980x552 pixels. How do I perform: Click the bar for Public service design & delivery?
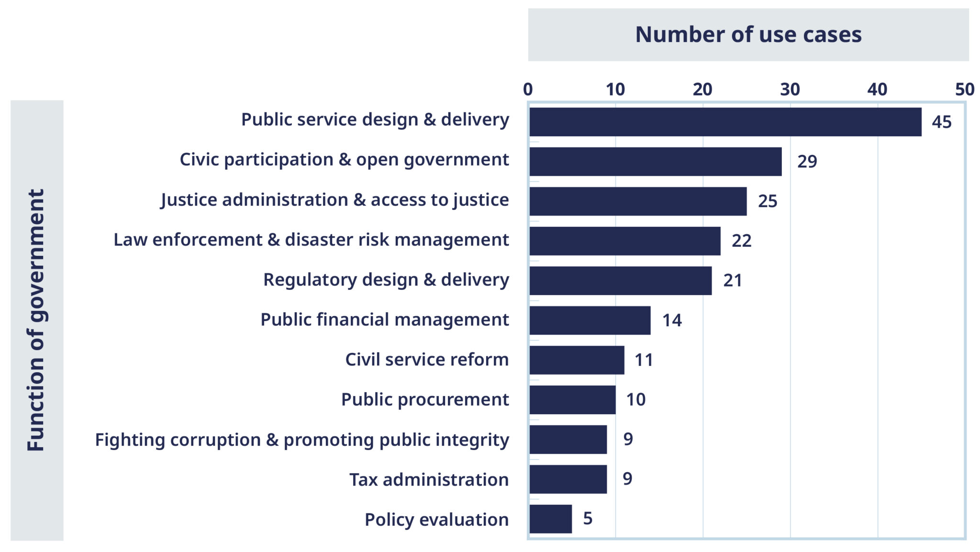(725, 122)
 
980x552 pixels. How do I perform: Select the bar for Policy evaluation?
(550, 519)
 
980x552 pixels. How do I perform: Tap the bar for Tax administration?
(568, 479)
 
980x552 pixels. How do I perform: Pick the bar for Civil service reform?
(577, 360)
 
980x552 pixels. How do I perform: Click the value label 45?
(941, 122)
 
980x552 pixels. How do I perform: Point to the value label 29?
(807, 162)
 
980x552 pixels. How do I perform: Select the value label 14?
(672, 320)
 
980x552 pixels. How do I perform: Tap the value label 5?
(588, 519)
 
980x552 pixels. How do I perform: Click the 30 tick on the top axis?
(790, 89)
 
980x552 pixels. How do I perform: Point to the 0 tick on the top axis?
(528, 89)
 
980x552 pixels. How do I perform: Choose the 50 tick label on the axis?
(965, 89)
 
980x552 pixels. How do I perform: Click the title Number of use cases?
(748, 34)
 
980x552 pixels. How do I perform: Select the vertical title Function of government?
(36, 320)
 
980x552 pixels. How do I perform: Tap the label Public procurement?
(425, 399)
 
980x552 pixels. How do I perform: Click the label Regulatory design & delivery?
(386, 280)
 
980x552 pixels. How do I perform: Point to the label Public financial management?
(384, 320)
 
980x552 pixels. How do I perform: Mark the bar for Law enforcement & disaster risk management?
(624, 241)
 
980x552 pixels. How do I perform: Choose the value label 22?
(741, 241)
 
